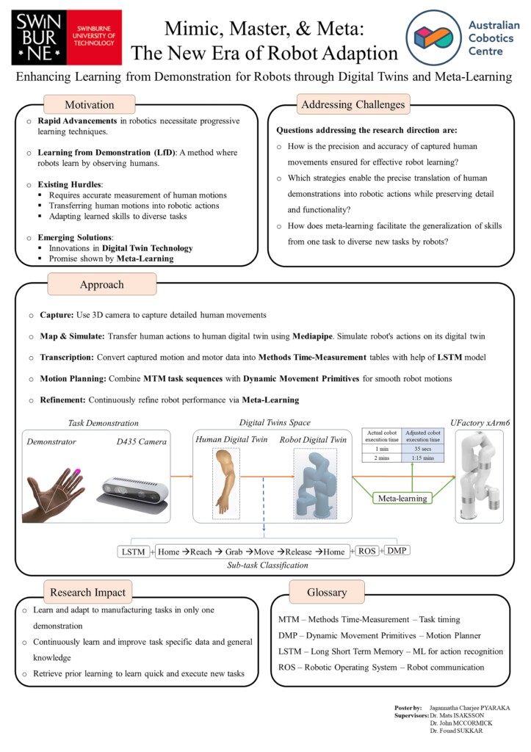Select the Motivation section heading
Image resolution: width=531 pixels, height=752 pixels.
click(x=89, y=105)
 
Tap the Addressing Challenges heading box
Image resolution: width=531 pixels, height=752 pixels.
click(x=353, y=105)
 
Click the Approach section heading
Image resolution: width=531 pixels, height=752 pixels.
click(x=102, y=284)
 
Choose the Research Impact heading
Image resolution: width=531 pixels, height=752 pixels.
click(x=88, y=592)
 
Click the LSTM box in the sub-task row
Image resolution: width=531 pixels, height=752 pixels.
click(x=133, y=551)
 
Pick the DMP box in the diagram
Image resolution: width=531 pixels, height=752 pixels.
click(x=397, y=551)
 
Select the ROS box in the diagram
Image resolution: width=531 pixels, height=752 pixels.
click(x=367, y=551)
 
